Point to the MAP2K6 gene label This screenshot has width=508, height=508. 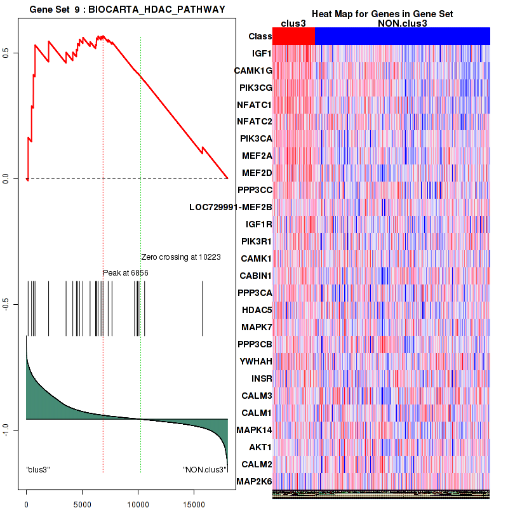pyautogui.click(x=254, y=481)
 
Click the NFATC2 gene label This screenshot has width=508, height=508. pyautogui.click(x=254, y=121)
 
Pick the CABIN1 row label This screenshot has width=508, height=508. pyautogui.click(x=256, y=276)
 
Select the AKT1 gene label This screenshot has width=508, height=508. pyautogui.click(x=260, y=447)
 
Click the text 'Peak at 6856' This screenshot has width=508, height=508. pyautogui.click(x=126, y=272)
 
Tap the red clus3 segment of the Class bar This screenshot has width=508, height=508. pyautogui.click(x=293, y=37)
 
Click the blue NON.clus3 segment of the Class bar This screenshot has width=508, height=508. pyautogui.click(x=402, y=37)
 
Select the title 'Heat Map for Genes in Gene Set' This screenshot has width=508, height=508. pyautogui.click(x=382, y=14)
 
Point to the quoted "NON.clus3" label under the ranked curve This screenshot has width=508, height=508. pyautogui.click(x=204, y=469)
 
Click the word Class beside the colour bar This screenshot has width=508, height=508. pyautogui.click(x=260, y=37)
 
